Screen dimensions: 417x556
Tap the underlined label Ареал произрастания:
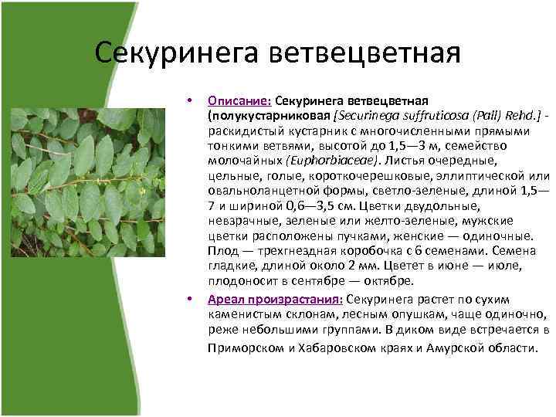point(276,300)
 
